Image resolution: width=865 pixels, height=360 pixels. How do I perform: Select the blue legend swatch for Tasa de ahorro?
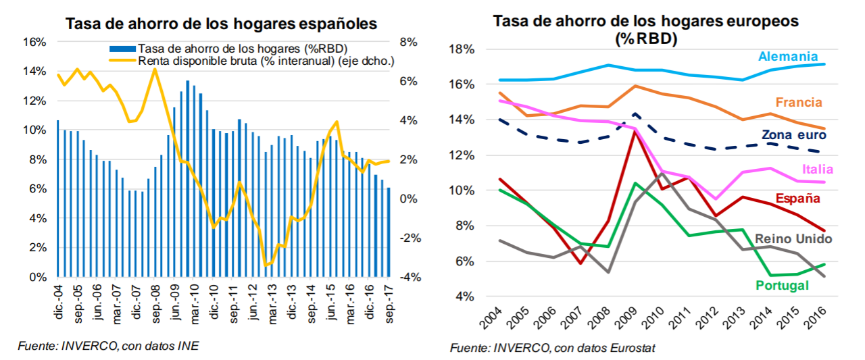(x=122, y=49)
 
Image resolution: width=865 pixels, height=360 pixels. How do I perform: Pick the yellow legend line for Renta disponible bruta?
(x=122, y=61)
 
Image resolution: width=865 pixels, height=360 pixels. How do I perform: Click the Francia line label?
(x=799, y=103)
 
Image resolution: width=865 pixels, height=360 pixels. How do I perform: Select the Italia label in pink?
(x=818, y=170)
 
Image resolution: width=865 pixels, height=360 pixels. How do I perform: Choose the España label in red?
(x=798, y=199)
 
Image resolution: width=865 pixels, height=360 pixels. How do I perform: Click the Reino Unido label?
(x=793, y=238)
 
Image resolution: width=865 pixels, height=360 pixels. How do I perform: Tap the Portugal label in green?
(x=783, y=286)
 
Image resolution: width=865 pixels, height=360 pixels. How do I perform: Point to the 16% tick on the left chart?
(x=34, y=42)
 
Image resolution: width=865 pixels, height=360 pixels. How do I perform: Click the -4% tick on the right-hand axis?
(x=409, y=278)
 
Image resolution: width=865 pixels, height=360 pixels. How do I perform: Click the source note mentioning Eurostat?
(x=552, y=349)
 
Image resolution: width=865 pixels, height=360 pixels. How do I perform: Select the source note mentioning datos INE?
(x=109, y=346)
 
